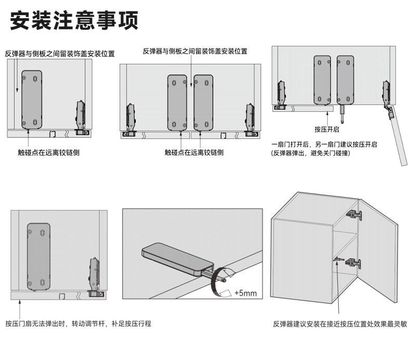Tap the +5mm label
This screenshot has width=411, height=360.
click(x=246, y=293)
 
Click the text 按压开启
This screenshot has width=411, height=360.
click(x=327, y=129)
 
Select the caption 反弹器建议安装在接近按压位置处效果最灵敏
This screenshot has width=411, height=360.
click(x=340, y=324)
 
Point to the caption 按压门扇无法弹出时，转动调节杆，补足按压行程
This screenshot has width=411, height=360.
click(x=78, y=324)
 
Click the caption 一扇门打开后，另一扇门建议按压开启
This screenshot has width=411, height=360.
click(x=324, y=144)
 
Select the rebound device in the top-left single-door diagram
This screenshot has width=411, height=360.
click(x=32, y=99)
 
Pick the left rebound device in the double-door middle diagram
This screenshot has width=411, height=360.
click(x=178, y=102)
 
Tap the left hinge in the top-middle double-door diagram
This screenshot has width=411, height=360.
click(x=130, y=121)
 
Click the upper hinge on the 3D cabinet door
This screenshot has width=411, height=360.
click(x=354, y=214)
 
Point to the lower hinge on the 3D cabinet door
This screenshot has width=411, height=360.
click(x=354, y=262)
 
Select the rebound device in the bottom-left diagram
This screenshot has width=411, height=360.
click(x=38, y=256)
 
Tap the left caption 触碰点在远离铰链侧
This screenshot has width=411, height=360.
click(x=49, y=152)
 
